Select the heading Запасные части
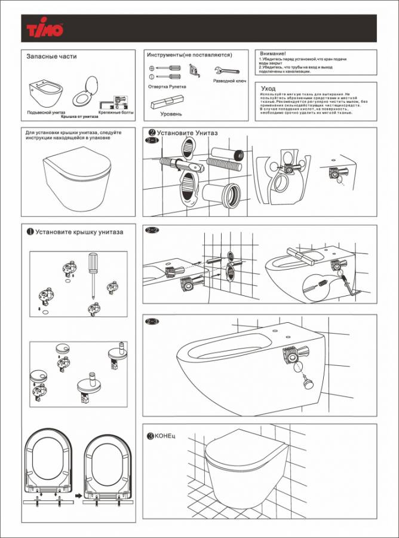pyautogui.click(x=52, y=57)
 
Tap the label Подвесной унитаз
pyautogui.click(x=46, y=112)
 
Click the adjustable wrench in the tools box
pyautogui.click(x=222, y=69)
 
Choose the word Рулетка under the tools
pyautogui.click(x=178, y=87)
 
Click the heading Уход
pyautogui.click(x=269, y=88)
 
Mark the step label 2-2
pyautogui.click(x=152, y=230)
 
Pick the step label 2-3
pyautogui.click(x=152, y=322)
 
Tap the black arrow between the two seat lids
pyautogui.click(x=77, y=495)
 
